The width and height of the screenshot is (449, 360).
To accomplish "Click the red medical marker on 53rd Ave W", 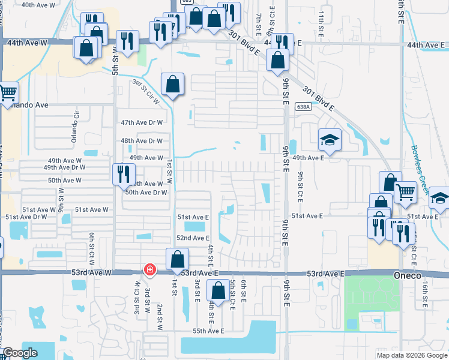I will (149, 271).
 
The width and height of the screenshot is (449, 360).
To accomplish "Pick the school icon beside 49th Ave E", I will (330, 140).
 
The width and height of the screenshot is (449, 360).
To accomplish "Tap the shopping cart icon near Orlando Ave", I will (7, 93).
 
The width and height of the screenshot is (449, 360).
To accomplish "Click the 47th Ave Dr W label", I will (142, 122).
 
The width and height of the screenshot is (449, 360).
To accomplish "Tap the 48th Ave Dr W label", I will (142, 141).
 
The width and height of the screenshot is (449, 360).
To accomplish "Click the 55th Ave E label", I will (208, 331).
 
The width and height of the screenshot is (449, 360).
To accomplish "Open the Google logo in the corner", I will (20, 353).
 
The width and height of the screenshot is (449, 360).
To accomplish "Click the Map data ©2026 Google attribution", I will (411, 355).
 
